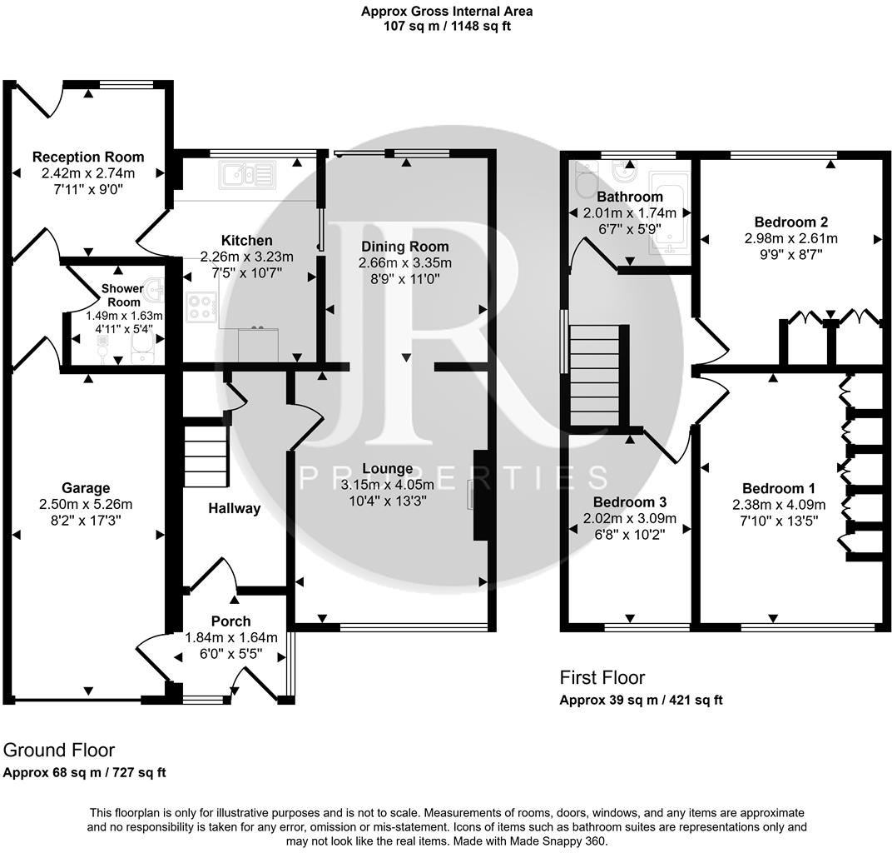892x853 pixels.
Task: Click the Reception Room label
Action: click(87, 157)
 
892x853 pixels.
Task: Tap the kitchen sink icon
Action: click(246, 175)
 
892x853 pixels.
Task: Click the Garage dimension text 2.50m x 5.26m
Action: click(86, 504)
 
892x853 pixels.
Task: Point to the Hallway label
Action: click(234, 508)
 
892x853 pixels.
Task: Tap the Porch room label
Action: click(230, 621)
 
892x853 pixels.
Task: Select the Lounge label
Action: click(387, 469)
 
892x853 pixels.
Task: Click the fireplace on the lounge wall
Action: click(479, 495)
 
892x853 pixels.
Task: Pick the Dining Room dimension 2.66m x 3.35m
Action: click(404, 263)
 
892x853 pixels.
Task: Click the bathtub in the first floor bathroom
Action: click(669, 213)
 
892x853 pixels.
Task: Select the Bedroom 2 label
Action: click(790, 222)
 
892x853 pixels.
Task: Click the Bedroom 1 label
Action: click(778, 488)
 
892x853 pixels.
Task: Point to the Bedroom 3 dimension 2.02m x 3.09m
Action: click(629, 518)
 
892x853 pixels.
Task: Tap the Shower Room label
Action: click(121, 295)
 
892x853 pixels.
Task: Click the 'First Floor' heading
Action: click(602, 678)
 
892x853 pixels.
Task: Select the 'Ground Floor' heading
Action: click(59, 751)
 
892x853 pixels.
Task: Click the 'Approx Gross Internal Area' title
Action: click(446, 12)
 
